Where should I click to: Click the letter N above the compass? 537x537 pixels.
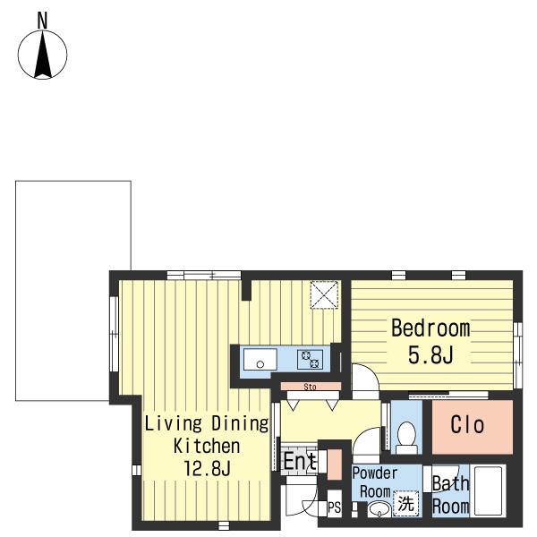click(42, 21)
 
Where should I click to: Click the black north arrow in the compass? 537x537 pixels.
click(43, 55)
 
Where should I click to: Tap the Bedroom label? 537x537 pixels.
click(430, 328)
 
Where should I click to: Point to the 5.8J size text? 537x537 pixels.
click(430, 354)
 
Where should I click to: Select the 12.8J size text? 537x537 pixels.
click(207, 468)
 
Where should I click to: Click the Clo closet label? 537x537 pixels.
click(467, 424)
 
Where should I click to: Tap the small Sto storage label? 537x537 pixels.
click(310, 387)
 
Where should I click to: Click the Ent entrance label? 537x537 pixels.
click(299, 461)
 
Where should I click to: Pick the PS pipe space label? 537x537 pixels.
click(334, 507)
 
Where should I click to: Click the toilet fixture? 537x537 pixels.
click(406, 438)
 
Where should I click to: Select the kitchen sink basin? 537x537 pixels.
click(260, 359)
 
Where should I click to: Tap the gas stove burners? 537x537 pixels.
click(310, 359)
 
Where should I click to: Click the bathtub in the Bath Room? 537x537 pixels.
click(488, 490)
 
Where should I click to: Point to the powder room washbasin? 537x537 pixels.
click(379, 509)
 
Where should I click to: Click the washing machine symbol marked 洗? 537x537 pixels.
click(405, 503)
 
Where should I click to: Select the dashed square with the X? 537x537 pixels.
click(324, 294)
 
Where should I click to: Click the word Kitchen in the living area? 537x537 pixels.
click(207, 446)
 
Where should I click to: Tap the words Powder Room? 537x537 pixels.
click(375, 482)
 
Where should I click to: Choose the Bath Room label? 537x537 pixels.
click(451, 495)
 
